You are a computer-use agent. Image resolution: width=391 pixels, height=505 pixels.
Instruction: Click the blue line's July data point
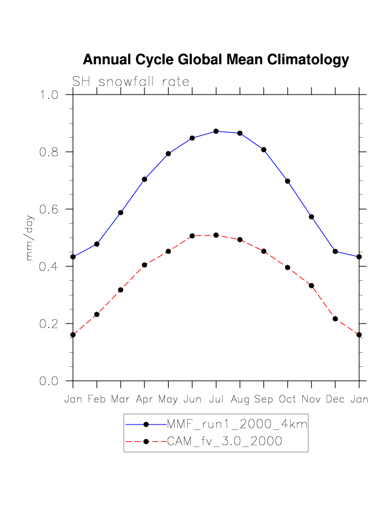click(x=216, y=131)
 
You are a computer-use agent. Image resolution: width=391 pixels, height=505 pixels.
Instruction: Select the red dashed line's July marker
click(x=216, y=235)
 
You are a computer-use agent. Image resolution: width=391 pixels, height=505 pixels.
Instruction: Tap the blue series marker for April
click(x=144, y=179)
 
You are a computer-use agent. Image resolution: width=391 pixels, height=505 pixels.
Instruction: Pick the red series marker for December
click(x=335, y=319)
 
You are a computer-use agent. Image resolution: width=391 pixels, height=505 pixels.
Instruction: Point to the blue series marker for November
click(x=312, y=217)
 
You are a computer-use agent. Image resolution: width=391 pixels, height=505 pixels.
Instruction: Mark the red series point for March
click(x=121, y=290)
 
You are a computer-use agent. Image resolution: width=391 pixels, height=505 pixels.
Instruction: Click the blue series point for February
click(x=97, y=244)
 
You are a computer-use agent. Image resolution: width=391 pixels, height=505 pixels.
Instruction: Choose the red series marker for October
click(x=288, y=267)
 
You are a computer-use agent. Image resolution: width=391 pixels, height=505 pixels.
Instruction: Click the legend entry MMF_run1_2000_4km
click(x=237, y=425)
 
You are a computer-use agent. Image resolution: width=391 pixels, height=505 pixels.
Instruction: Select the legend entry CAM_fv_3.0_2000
click(x=224, y=441)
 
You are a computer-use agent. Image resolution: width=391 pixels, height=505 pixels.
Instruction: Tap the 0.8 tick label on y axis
click(x=50, y=152)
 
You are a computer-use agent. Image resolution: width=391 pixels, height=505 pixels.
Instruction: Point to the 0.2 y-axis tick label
click(x=50, y=324)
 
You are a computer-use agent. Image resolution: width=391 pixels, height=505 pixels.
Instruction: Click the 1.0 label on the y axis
click(x=50, y=95)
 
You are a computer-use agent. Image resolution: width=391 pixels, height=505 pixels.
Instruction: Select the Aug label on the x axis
click(x=240, y=399)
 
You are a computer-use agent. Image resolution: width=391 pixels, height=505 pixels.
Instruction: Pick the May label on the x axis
click(x=168, y=399)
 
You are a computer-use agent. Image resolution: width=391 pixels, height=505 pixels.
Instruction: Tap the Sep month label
click(x=264, y=399)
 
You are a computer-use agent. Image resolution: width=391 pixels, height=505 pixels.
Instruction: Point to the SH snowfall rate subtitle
click(x=131, y=82)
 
